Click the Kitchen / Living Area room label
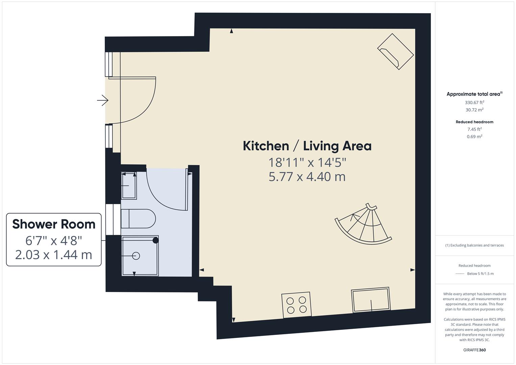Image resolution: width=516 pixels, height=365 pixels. [307, 146]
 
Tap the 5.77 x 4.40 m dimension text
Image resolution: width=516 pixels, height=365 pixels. [307, 177]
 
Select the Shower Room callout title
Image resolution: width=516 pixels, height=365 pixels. [54, 224]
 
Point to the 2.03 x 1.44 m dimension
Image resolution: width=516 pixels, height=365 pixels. [54, 254]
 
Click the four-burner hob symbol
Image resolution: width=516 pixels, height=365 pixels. [296, 305]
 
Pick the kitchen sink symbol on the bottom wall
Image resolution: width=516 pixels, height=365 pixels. [371, 300]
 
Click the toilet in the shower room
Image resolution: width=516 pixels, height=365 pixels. [138, 219]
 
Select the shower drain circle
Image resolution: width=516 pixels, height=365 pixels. [136, 256]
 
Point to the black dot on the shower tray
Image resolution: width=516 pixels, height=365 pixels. [155, 240]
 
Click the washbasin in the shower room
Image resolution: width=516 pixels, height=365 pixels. [129, 186]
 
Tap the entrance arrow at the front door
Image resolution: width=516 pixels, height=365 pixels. [103, 100]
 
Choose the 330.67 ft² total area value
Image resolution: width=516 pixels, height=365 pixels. [474, 102]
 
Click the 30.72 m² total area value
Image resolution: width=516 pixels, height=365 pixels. [474, 110]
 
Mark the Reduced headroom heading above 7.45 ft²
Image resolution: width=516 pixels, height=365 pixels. [474, 122]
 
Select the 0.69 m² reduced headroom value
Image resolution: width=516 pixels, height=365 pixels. [474, 137]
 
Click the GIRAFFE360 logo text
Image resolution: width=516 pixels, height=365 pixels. [474, 350]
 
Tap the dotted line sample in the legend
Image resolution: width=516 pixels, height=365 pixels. [460, 274]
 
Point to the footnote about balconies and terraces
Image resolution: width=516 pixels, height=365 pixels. [474, 245]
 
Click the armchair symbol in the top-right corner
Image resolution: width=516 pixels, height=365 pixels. [395, 52]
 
